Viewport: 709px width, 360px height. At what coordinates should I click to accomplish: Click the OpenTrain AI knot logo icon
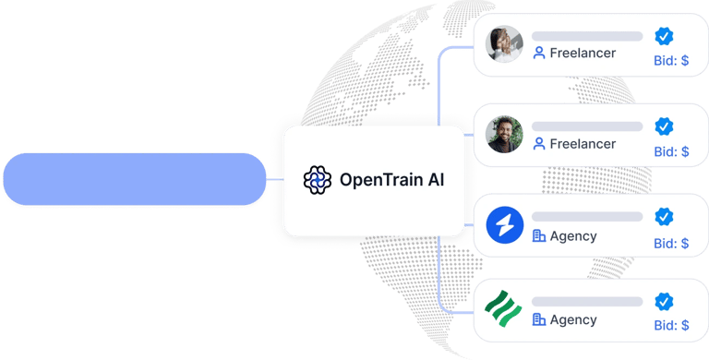318,180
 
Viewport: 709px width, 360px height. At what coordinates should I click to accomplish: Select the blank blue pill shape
134,179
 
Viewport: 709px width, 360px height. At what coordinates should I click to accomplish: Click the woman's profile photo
504,43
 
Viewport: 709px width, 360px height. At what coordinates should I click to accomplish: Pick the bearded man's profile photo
504,135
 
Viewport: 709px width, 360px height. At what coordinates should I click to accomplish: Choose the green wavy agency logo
504,310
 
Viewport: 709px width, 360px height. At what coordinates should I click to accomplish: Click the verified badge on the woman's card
664,36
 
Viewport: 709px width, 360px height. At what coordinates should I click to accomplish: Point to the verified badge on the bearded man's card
664,126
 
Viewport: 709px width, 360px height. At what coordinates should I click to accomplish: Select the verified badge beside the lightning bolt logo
664,217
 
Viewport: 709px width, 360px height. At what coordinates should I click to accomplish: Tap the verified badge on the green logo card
664,302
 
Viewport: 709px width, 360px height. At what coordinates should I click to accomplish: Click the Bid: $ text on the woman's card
671,62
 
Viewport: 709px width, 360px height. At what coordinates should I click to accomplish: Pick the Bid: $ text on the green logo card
671,325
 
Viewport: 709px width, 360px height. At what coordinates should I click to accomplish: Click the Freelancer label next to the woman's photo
583,54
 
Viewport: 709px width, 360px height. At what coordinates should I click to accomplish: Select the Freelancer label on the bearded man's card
583,144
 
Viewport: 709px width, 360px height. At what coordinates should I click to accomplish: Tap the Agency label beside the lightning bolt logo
573,235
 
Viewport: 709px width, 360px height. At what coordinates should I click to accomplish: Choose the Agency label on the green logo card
573,319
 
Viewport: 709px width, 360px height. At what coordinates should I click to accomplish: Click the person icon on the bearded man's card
539,144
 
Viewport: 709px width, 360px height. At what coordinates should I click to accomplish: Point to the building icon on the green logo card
539,319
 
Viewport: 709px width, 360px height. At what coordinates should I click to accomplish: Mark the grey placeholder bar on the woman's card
587,36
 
